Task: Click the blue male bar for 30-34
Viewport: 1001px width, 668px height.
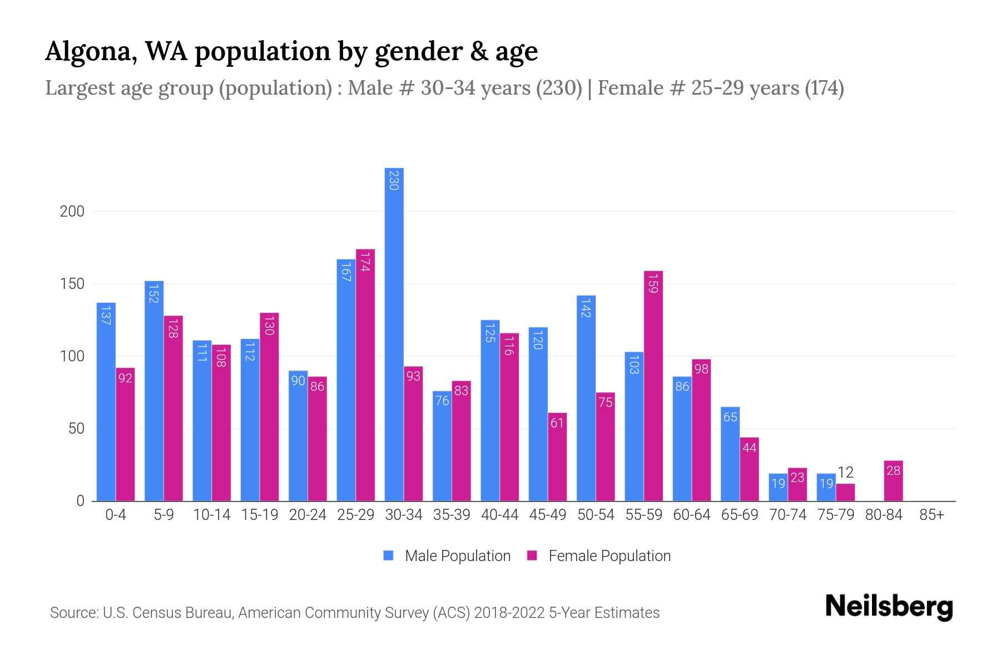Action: [394, 334]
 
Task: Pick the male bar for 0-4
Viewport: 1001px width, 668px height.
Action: [106, 401]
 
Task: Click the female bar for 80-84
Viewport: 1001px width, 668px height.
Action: [893, 481]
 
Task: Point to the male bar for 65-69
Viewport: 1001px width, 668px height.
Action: [730, 454]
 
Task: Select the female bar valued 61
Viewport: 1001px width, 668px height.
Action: [557, 456]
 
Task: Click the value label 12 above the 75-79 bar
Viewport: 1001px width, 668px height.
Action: [845, 473]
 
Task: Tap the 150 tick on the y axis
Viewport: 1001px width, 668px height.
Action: [72, 284]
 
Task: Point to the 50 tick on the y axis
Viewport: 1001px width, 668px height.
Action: [76, 429]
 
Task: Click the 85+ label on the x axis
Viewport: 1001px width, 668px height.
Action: [931, 515]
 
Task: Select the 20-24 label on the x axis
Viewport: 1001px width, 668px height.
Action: [308, 515]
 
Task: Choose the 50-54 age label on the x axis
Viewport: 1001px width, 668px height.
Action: [596, 515]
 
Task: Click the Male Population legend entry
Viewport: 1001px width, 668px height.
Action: [457, 556]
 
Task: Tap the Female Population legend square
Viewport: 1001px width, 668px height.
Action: [532, 556]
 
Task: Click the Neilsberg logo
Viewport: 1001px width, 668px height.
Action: [889, 607]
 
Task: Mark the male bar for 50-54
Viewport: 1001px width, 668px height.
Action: [586, 398]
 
